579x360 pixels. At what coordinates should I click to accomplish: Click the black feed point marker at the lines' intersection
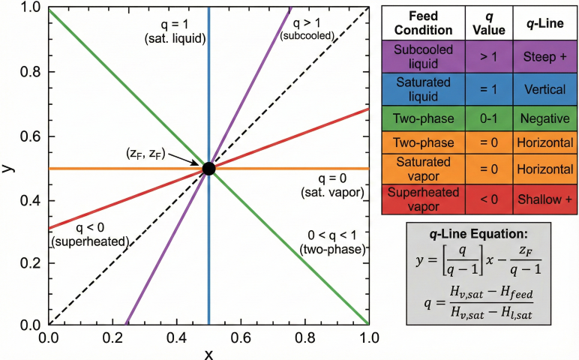pyautogui.click(x=208, y=169)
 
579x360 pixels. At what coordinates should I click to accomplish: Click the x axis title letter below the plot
pyautogui.click(x=209, y=353)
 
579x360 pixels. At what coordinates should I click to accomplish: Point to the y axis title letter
pyautogui.click(x=8, y=168)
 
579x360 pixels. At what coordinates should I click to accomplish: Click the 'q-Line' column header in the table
pyautogui.click(x=544, y=24)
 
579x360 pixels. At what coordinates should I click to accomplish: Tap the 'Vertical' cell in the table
pyautogui.click(x=544, y=89)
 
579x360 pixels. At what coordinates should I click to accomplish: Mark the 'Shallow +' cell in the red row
pyautogui.click(x=544, y=199)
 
